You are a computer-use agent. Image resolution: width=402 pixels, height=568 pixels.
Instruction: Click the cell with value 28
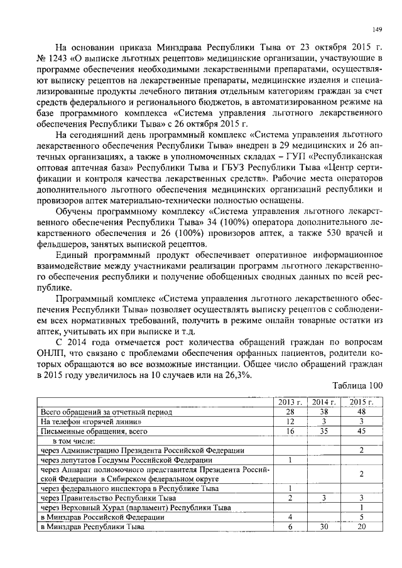coord(290,412)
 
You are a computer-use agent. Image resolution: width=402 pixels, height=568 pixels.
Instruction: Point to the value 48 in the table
coord(362,412)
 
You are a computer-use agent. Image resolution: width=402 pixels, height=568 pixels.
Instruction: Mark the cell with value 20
coord(362,527)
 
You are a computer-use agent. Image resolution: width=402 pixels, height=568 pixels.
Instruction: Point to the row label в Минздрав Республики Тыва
coord(92,527)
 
